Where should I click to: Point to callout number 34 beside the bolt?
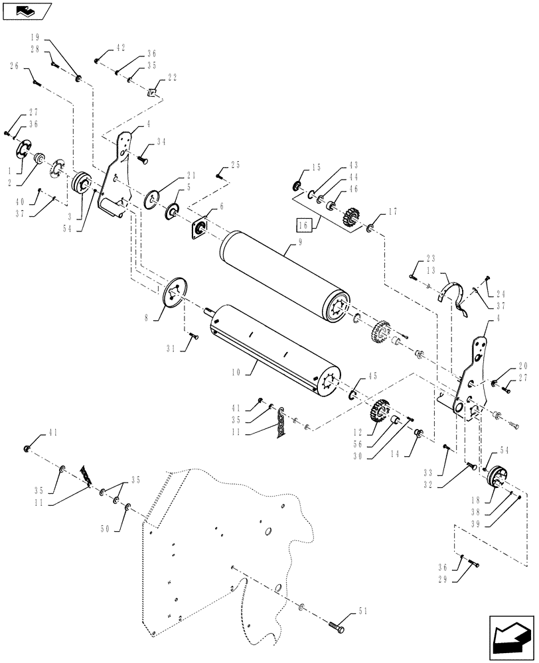[161, 142]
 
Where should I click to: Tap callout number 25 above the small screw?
[234, 164]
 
